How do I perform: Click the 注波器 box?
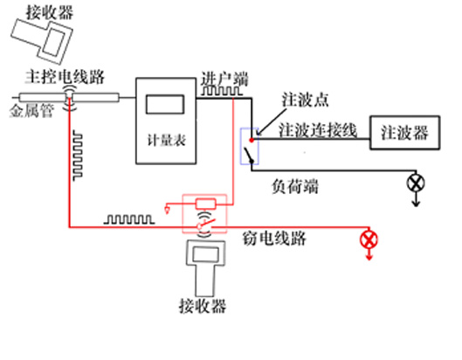[x=404, y=133]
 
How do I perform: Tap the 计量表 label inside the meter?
[x=166, y=141]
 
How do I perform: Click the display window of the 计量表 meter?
[x=165, y=104]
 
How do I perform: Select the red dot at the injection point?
[x=252, y=140]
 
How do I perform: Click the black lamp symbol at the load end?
[x=416, y=183]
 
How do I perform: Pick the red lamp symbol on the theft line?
[x=369, y=239]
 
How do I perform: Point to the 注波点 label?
[x=305, y=100]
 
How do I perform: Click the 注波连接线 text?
[x=318, y=130]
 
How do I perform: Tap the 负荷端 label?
[x=295, y=187]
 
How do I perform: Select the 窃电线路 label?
[x=274, y=239]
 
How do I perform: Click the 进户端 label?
[x=224, y=79]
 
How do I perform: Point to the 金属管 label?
[x=31, y=111]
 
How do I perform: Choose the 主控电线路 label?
[x=65, y=77]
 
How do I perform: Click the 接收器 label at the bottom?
[x=203, y=306]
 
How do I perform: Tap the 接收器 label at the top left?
[x=50, y=13]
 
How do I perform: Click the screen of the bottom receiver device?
[x=205, y=254]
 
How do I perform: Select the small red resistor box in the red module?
[x=205, y=204]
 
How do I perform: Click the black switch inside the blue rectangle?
[x=248, y=155]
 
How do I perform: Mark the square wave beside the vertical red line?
[x=78, y=156]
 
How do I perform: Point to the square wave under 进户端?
[x=222, y=91]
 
